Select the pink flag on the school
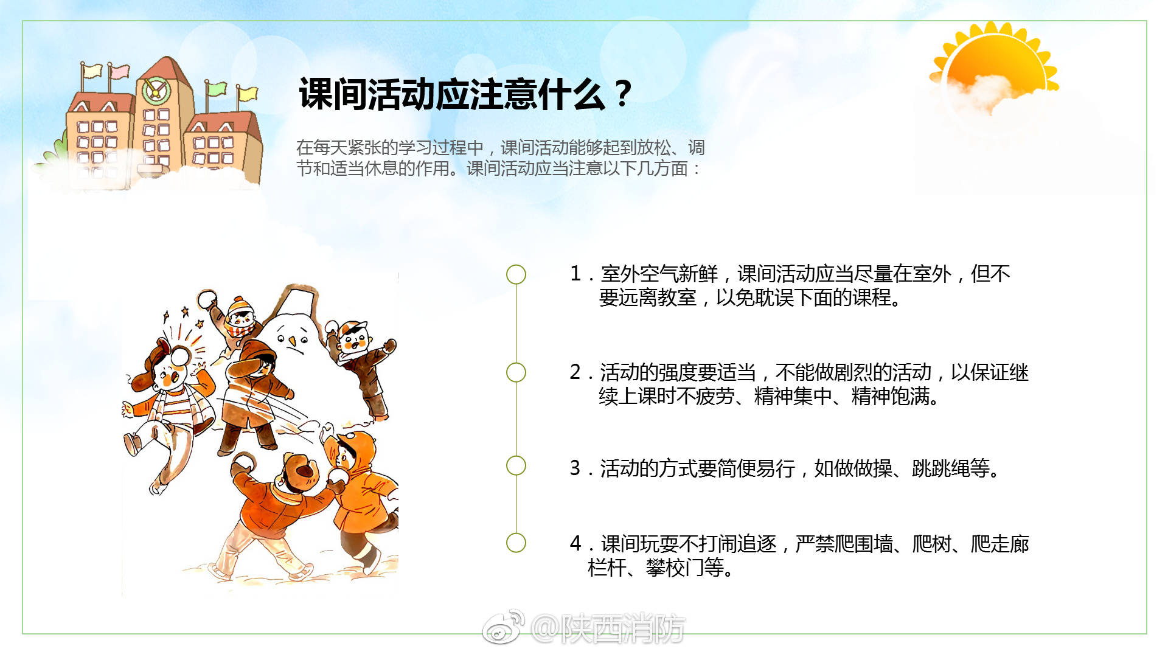pyautogui.click(x=119, y=71)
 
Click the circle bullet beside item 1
pyautogui.click(x=516, y=274)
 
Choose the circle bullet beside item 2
pyautogui.click(x=516, y=372)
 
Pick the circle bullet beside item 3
pyautogui.click(x=516, y=466)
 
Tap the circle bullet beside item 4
pyautogui.click(x=516, y=543)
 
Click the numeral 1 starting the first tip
pyautogui.click(x=575, y=274)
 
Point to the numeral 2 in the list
pyautogui.click(x=575, y=372)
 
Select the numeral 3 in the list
pyautogui.click(x=575, y=468)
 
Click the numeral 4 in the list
pyautogui.click(x=575, y=543)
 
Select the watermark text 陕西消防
pyautogui.click(x=623, y=628)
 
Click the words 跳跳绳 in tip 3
pyautogui.click(x=941, y=468)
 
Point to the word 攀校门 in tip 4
pyautogui.click(x=675, y=568)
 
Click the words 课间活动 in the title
pyautogui.click(x=366, y=95)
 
